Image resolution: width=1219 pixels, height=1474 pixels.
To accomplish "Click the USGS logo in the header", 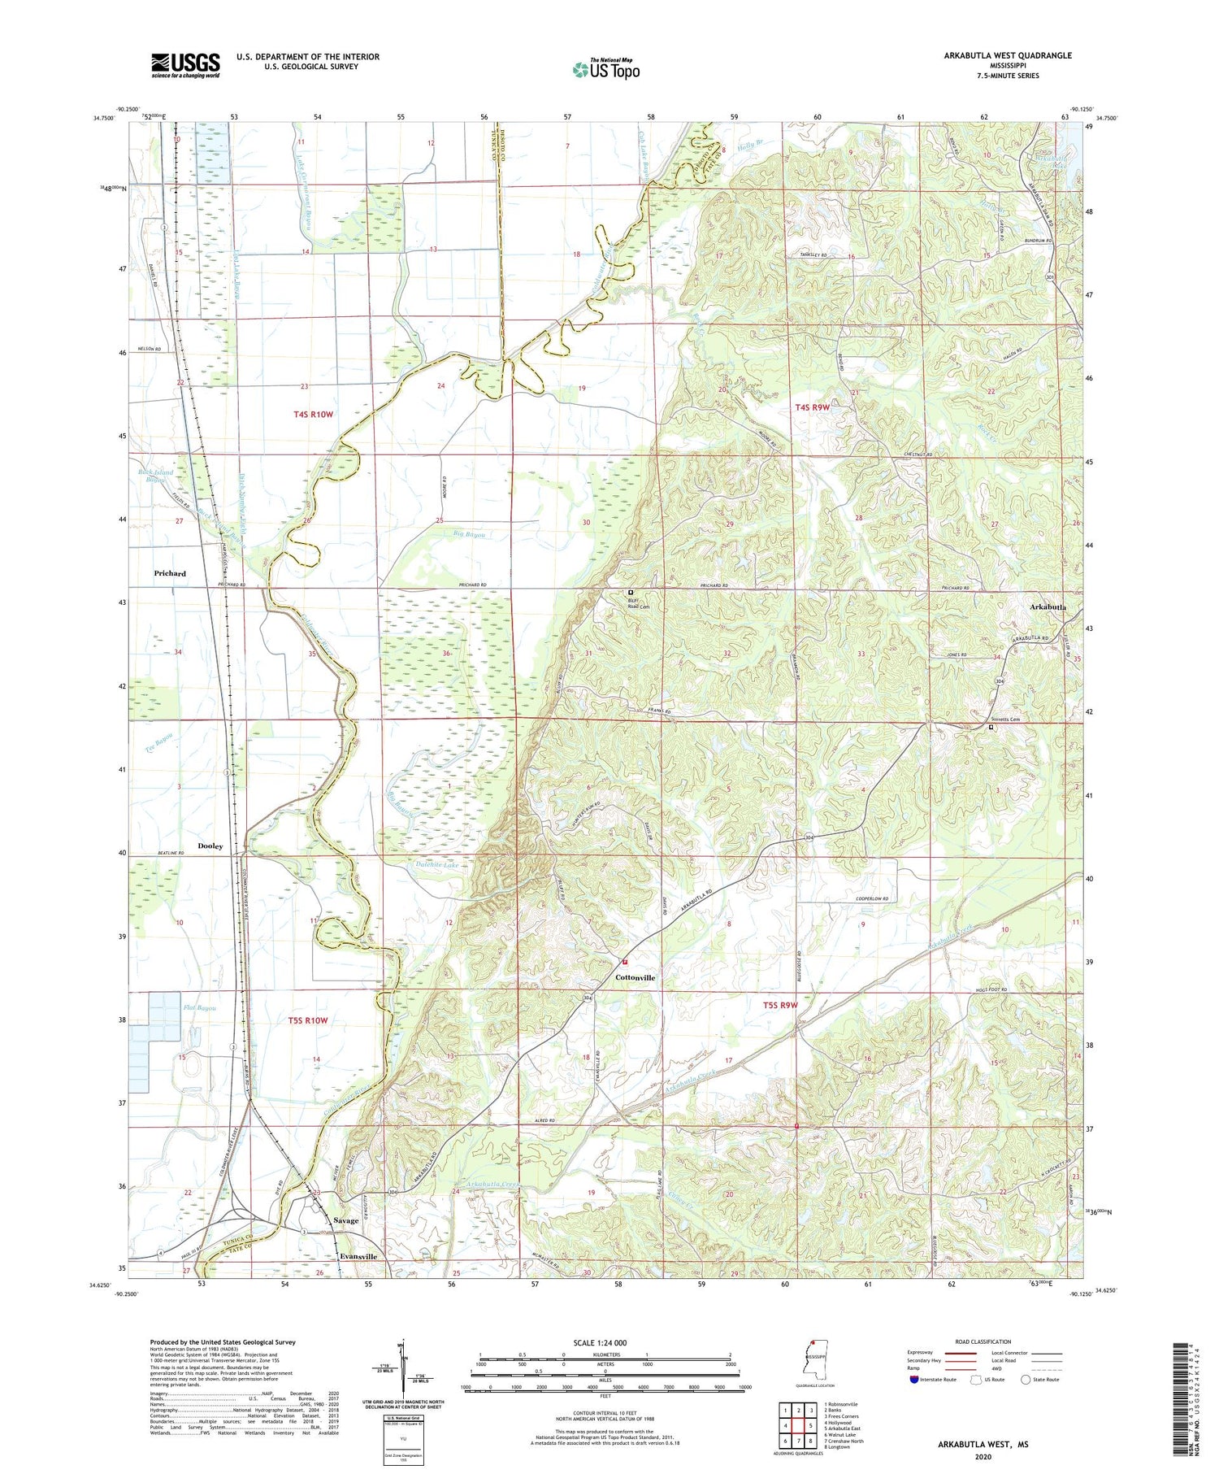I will point(185,65).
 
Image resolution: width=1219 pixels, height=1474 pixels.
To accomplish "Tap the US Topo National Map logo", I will point(605,68).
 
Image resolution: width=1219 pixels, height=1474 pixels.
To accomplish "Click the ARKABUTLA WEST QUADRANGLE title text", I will point(1007,55).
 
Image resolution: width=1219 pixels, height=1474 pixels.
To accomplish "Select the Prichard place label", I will point(170,573).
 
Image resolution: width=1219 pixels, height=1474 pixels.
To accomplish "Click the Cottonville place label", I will point(636,977).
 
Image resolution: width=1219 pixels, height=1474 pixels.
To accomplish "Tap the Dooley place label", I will point(210,846).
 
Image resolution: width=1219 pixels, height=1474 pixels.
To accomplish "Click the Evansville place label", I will point(358,1256).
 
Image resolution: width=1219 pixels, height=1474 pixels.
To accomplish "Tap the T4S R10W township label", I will point(314,415).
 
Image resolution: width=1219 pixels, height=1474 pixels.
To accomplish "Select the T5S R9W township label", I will point(780,1006).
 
